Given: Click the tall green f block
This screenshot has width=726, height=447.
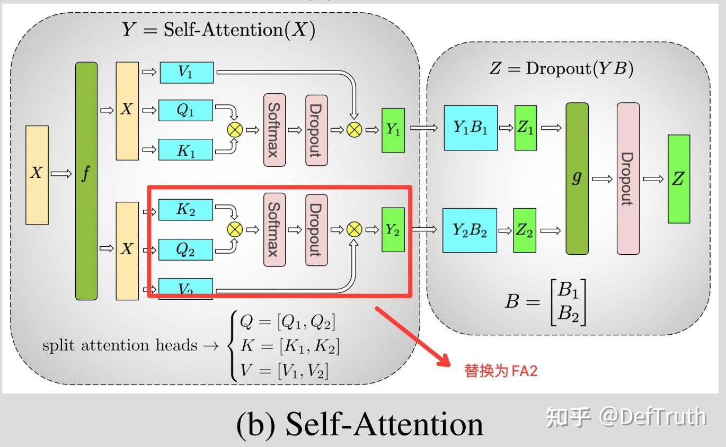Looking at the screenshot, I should click(86, 181).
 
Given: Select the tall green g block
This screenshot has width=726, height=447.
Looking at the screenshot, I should click(577, 178).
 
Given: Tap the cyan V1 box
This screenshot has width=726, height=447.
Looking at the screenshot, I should click(186, 73).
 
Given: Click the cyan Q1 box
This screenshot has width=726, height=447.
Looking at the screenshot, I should click(185, 110).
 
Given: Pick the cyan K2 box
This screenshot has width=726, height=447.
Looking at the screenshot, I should click(185, 210).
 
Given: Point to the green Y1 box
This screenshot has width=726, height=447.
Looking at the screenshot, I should click(393, 130).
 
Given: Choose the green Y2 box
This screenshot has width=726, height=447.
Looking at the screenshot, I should click(393, 229).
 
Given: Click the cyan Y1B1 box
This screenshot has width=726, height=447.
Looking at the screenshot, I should click(471, 128).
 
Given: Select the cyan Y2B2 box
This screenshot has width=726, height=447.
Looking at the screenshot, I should click(470, 230).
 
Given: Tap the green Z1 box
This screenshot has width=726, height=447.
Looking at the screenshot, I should click(526, 128).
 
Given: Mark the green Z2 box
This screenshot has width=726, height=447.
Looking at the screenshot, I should click(525, 230).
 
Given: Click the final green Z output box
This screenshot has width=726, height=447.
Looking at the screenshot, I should click(679, 179).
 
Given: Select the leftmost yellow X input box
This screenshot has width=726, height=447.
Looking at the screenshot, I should click(37, 175).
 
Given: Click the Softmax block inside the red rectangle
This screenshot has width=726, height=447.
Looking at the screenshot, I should click(274, 229).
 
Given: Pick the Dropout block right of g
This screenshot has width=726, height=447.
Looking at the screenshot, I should click(628, 178).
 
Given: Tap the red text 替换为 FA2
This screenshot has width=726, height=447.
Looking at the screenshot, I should click(501, 371).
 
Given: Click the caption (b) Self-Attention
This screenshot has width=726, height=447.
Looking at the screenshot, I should click(360, 424).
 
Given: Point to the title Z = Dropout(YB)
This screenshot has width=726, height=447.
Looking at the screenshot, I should click(561, 69).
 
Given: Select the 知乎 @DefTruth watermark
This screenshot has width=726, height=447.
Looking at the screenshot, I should click(626, 417).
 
